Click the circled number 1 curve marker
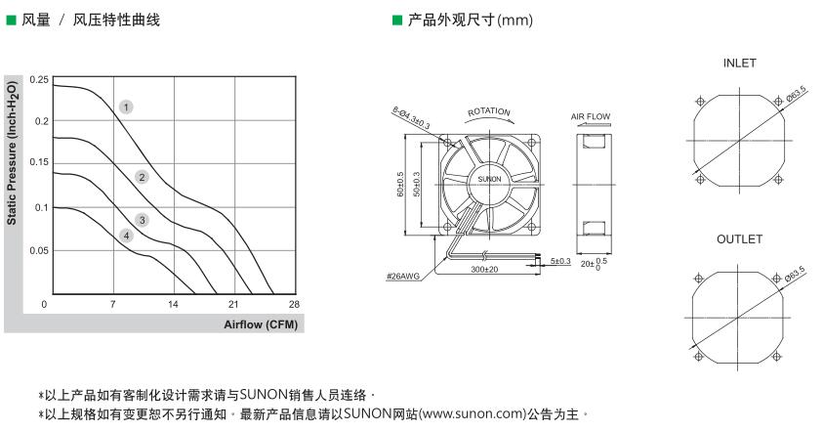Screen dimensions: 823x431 tap(126, 108)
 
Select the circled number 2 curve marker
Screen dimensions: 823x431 tap(142, 177)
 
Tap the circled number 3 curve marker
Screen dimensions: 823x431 tap(142, 220)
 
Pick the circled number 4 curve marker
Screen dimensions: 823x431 tap(126, 236)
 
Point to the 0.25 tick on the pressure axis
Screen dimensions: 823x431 tap(39, 80)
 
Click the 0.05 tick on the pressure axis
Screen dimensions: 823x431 tap(39, 251)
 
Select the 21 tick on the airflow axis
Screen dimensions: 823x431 tap(233, 304)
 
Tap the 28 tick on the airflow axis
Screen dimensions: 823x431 tap(295, 304)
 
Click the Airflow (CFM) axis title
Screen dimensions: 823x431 tap(261, 324)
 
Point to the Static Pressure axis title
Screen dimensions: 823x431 tap(12, 153)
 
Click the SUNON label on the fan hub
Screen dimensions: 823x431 tap(490, 179)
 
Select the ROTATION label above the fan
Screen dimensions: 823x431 tap(489, 111)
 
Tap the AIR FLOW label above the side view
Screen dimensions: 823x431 tap(591, 116)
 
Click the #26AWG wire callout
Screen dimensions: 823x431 tap(403, 277)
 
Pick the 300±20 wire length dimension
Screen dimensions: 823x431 tap(484, 270)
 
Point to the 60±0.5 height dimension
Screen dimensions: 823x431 tap(400, 185)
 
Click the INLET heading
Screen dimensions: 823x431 tap(740, 64)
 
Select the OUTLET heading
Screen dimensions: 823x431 tap(740, 239)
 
